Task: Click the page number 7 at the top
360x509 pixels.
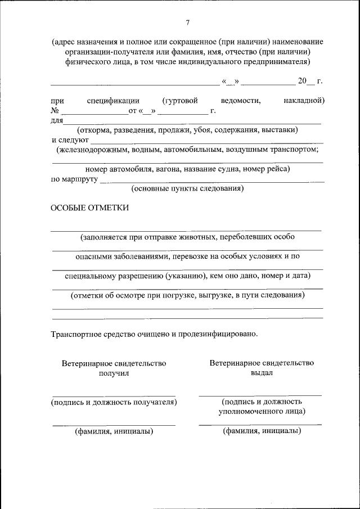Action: coord(188,22)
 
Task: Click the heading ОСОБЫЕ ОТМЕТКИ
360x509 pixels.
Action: coord(89,208)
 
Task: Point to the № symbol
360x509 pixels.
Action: coord(55,111)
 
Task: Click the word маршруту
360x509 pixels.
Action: coord(83,180)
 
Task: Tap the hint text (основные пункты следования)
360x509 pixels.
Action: coord(187,189)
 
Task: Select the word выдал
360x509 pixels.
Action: coord(262,372)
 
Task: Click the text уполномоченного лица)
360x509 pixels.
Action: coord(262,411)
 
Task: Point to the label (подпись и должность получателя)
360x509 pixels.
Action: coord(114,402)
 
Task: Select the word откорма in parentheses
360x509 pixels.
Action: coord(95,130)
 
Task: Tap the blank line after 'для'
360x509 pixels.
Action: coord(191,122)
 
